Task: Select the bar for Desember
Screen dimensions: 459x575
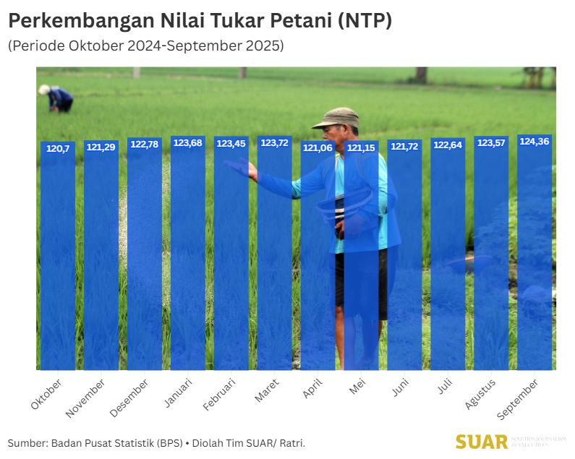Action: tap(145, 253)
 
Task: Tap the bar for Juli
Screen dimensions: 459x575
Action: tap(448, 253)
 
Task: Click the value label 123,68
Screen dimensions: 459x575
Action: tap(187, 143)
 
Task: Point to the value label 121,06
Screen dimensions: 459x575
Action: tap(318, 147)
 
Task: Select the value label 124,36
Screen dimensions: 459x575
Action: tap(534, 142)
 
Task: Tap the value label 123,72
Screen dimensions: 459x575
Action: tap(274, 143)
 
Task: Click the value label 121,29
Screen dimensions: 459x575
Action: tap(101, 147)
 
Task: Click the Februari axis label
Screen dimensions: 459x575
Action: tap(220, 395)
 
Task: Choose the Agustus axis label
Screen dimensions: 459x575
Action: tap(480, 394)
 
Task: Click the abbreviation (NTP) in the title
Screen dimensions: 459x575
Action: tap(365, 20)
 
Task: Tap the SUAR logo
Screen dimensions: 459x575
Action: tap(482, 441)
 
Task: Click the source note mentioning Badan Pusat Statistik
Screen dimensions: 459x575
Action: tap(156, 442)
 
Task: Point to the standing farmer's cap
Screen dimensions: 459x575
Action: tap(336, 116)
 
